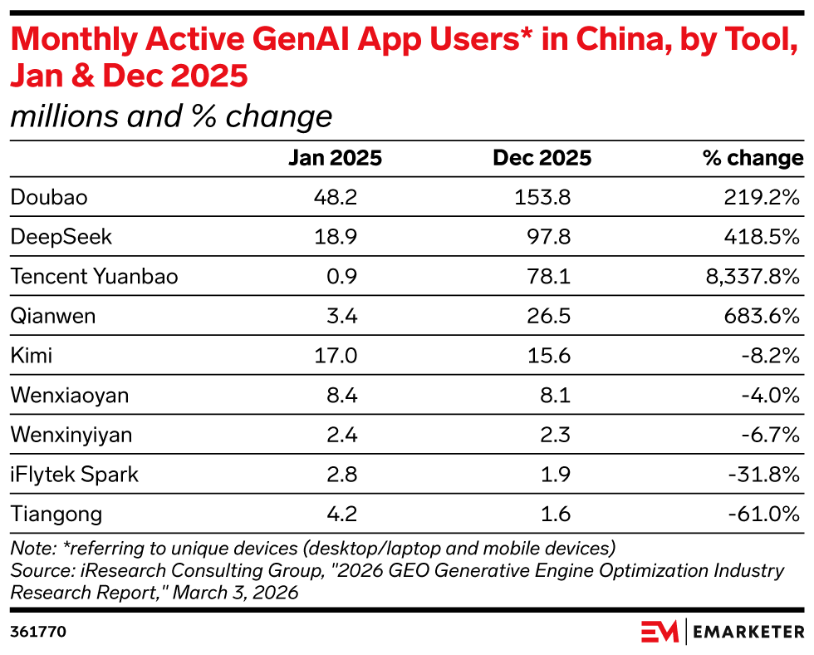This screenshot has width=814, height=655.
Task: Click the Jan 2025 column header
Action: [x=335, y=158]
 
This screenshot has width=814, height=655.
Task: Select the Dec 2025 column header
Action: [x=542, y=158]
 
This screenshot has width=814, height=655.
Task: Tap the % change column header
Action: [x=753, y=158]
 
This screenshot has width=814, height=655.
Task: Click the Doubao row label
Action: [x=49, y=198]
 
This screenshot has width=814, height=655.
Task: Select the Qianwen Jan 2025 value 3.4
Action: [x=341, y=316]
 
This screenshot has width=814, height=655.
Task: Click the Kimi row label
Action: [x=32, y=356]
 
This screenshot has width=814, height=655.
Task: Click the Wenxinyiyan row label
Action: [x=71, y=435]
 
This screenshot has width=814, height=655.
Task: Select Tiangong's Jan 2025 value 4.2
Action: [x=341, y=514]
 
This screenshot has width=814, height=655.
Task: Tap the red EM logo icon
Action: [x=660, y=632]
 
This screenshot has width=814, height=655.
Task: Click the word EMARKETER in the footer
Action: [x=748, y=633]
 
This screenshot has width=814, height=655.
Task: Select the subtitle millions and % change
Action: [x=171, y=116]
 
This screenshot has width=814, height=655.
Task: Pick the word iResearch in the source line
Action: [x=103, y=571]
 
